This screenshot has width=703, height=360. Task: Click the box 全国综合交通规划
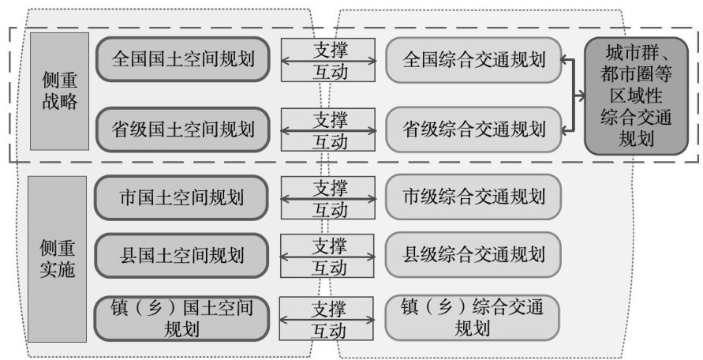(x=473, y=59)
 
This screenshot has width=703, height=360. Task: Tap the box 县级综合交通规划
(x=473, y=255)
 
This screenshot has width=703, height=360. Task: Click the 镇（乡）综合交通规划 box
(x=473, y=317)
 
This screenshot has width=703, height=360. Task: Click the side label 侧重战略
(x=59, y=92)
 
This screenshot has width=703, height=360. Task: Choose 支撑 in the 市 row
(x=329, y=188)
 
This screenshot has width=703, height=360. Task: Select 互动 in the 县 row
(x=329, y=268)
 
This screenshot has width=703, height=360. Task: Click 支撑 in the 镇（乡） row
(x=329, y=307)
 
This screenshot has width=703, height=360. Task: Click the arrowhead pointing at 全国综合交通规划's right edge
(x=567, y=59)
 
